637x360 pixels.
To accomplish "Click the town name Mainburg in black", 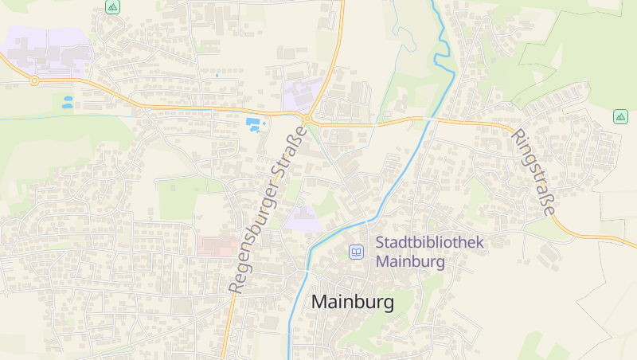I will point(353,303).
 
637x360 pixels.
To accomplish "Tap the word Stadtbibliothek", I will point(429,243).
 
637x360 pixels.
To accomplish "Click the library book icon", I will point(357,252).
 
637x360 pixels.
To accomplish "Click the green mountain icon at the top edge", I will point(112,6).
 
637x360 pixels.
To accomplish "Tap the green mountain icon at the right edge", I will point(620,116).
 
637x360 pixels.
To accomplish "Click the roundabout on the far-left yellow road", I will point(34,80).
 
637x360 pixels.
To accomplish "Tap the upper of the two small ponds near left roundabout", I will point(67,99).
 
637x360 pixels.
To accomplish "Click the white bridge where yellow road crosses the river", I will point(430,119).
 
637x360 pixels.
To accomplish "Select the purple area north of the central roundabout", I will point(301,94).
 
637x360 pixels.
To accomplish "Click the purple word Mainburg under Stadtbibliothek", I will point(410,260).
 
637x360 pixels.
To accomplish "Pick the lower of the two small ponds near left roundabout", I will point(68,105).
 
